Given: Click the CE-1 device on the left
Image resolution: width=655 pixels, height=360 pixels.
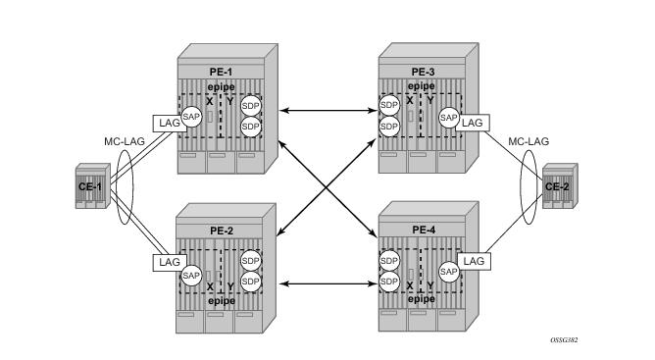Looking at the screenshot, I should coord(91,186).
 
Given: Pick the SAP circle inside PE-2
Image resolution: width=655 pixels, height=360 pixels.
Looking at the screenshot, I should coord(192,276).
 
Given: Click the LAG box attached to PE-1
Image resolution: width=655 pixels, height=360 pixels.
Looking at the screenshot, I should coord(165,124).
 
